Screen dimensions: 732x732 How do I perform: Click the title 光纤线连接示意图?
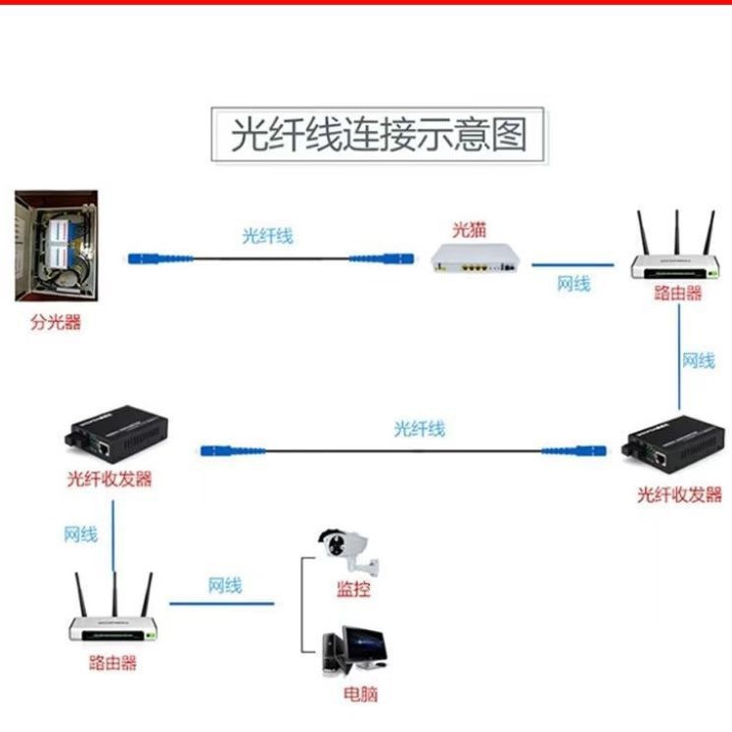coord(380,134)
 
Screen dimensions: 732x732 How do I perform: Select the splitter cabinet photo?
coord(57,246)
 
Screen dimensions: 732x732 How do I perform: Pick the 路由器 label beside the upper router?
coord(678,293)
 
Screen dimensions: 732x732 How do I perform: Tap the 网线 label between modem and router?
coord(573,284)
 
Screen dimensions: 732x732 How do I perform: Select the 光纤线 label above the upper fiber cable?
coord(267,236)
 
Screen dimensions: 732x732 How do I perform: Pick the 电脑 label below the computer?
coord(360,695)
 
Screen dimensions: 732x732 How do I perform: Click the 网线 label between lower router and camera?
coord(224,585)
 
